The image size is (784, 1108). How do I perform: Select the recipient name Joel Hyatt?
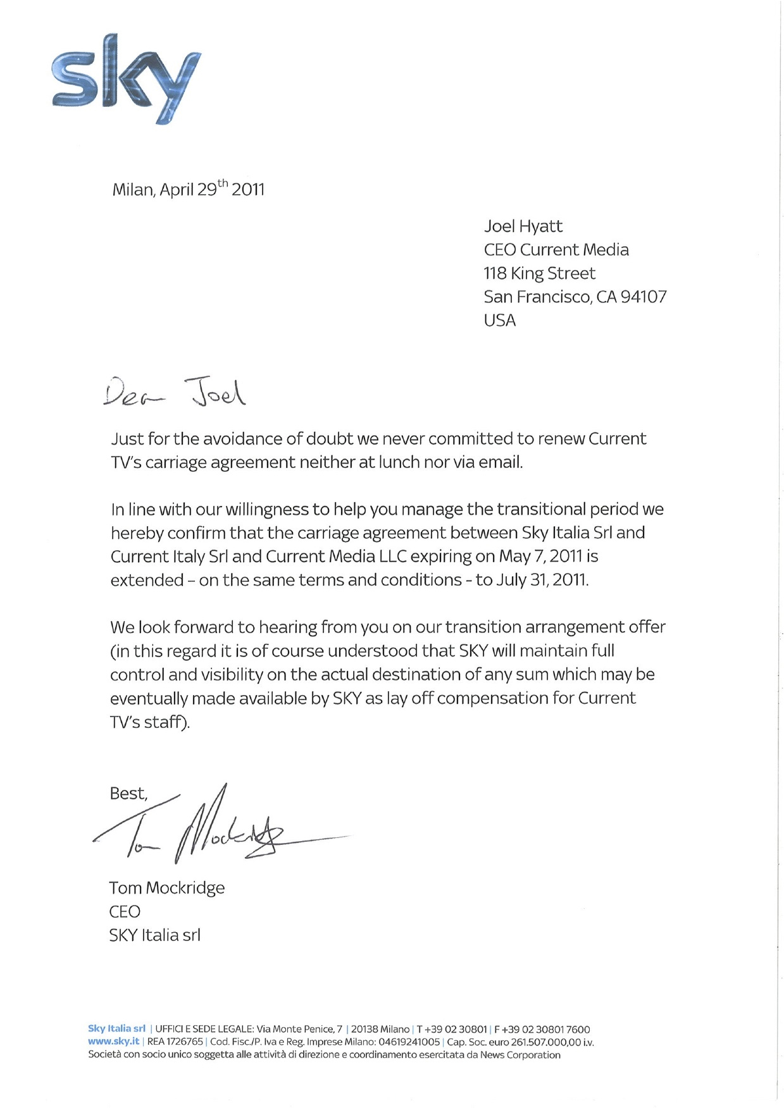tap(523, 226)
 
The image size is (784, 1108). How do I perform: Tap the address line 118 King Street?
tap(539, 273)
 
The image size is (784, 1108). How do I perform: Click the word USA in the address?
tap(499, 321)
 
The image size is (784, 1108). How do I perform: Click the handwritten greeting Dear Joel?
tap(175, 393)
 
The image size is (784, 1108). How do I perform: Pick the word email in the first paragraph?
tap(498, 462)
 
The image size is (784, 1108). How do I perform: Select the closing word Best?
tap(128, 794)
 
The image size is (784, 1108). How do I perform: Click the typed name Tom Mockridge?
tap(166, 888)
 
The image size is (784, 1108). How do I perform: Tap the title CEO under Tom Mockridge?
tap(124, 911)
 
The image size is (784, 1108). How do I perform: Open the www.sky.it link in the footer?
tap(113, 1042)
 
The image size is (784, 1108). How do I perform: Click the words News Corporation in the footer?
tap(520, 1055)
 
